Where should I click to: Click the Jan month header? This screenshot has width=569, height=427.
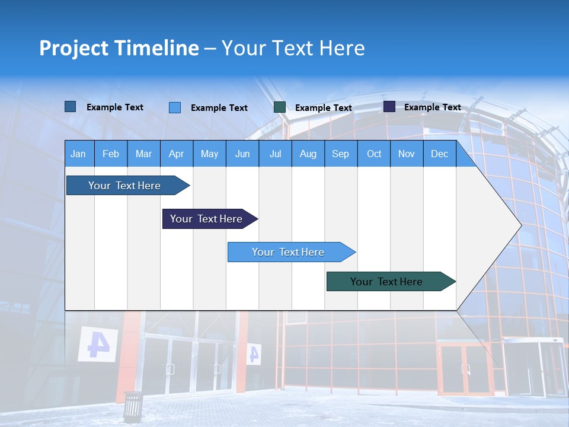[x=78, y=154]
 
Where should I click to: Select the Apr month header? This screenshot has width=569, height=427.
[x=177, y=154]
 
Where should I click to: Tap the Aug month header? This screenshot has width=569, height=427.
[x=308, y=154]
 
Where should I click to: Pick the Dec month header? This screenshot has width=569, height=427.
[x=439, y=154]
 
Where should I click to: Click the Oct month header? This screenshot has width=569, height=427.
[x=373, y=154]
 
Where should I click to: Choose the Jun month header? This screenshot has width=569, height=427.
[x=242, y=154]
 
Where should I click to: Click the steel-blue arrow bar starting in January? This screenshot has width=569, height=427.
[x=124, y=186]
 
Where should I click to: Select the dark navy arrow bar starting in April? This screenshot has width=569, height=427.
[x=206, y=219]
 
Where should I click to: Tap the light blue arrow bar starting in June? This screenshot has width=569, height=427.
[x=288, y=252]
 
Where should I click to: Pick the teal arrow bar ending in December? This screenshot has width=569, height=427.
[x=386, y=282]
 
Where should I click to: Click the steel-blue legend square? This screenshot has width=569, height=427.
[x=70, y=107]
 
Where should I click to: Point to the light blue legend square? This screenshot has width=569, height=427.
[x=175, y=107]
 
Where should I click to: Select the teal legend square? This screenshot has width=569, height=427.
[x=280, y=107]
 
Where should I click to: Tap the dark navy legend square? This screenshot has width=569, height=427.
[x=389, y=107]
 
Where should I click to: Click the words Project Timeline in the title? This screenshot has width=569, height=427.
[x=119, y=48]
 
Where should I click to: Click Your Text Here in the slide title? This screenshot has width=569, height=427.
[x=293, y=48]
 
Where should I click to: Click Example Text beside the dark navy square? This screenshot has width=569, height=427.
[x=432, y=107]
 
